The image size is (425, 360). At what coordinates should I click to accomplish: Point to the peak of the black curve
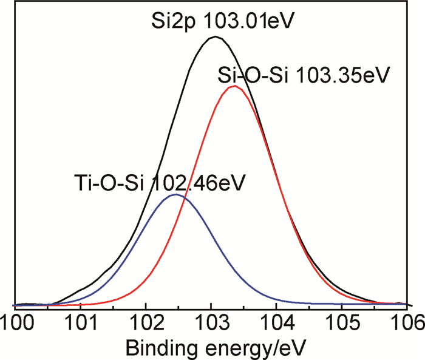click(x=214, y=37)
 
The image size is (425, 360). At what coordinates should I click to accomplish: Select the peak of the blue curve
click(x=175, y=195)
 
